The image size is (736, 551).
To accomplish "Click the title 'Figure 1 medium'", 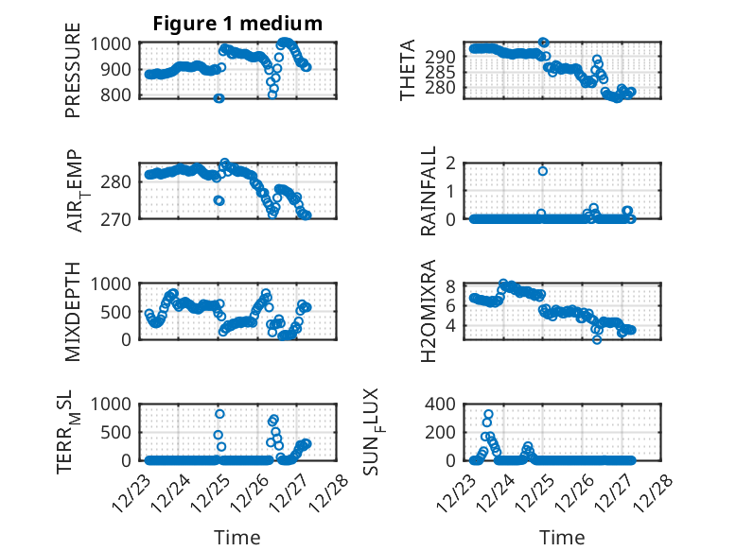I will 238,24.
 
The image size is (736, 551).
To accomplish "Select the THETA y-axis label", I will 408,71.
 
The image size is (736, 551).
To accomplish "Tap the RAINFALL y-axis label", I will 429,191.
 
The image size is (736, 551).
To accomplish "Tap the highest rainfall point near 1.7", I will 543,171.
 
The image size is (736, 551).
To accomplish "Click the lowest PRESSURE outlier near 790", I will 219,98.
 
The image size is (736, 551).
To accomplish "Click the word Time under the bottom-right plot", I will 562,538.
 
